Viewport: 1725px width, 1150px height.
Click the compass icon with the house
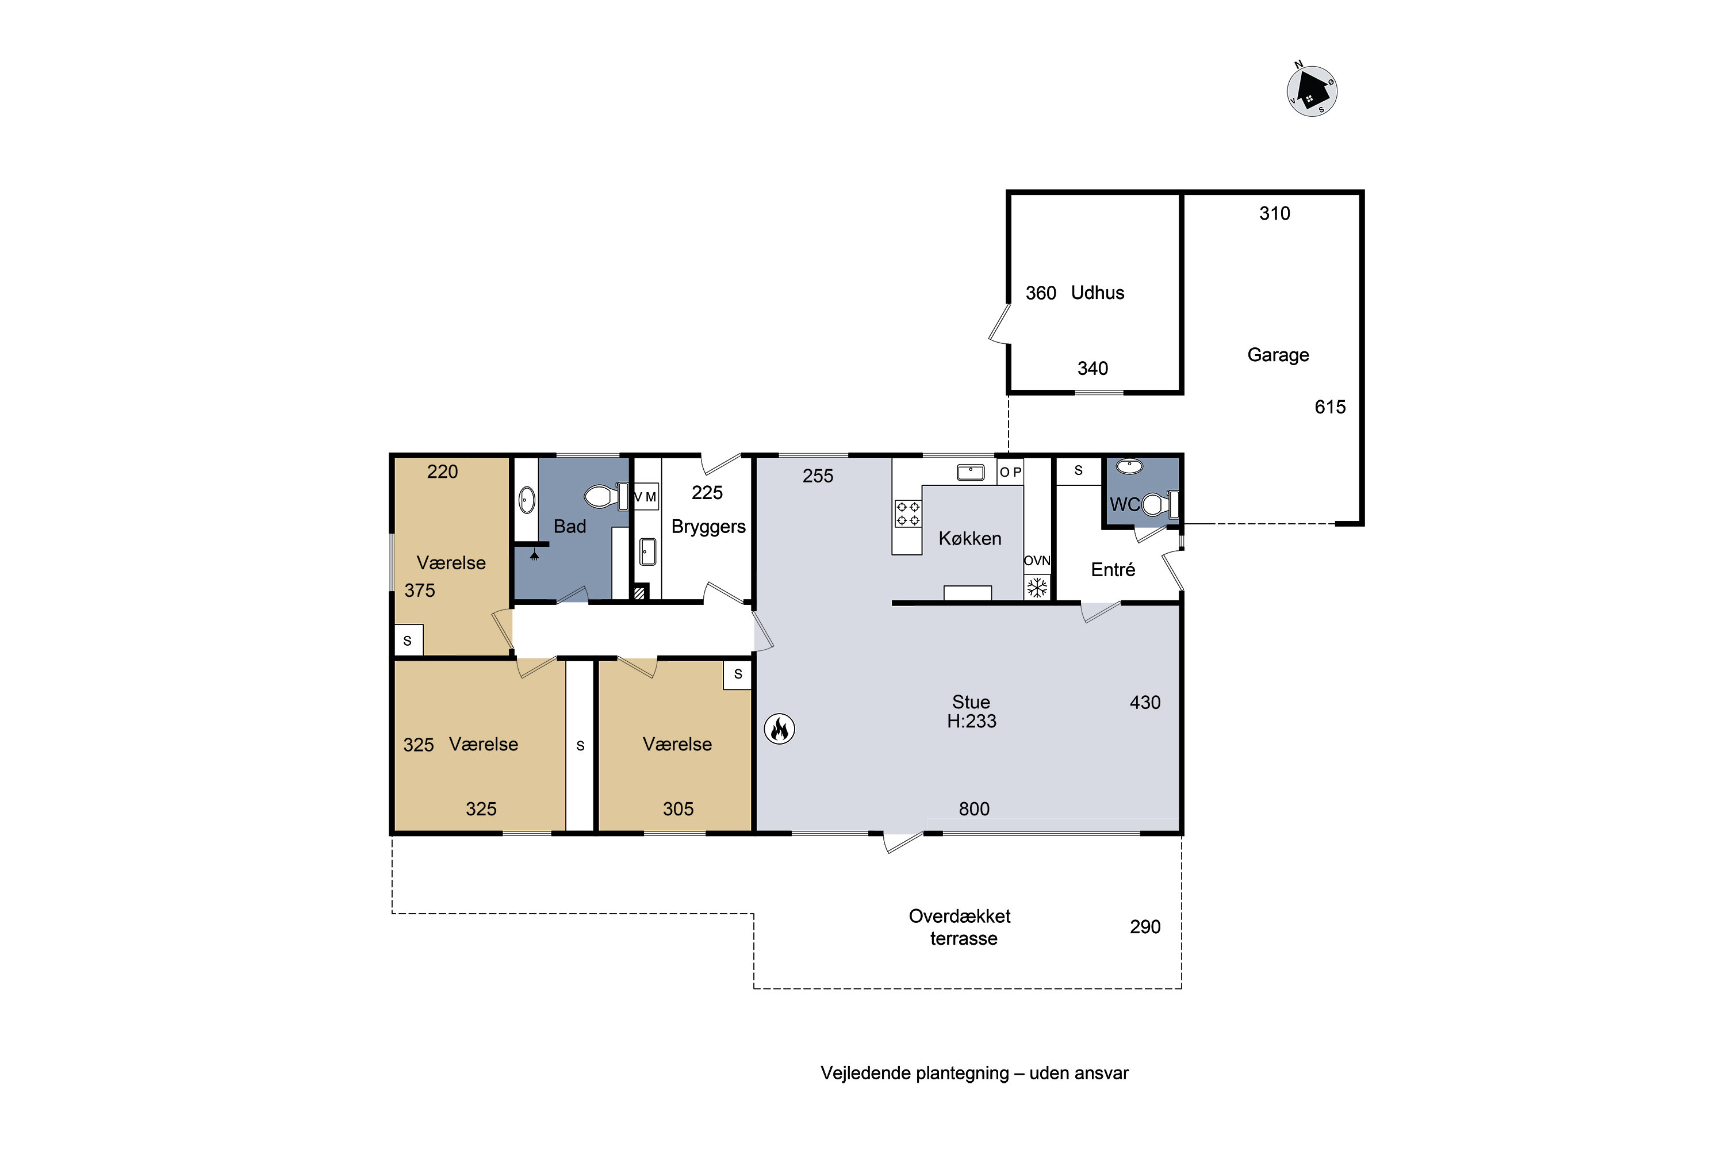point(1312,91)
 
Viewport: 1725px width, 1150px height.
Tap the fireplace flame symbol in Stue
point(780,729)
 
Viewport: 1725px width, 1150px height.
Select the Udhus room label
point(1097,293)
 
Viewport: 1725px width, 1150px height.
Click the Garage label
point(1278,355)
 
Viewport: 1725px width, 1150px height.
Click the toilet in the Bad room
point(607,497)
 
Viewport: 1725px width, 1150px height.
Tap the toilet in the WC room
point(1160,505)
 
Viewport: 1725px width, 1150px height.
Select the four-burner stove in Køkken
point(908,513)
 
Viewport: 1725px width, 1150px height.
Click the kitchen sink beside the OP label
point(971,472)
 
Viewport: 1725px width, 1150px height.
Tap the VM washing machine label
point(645,497)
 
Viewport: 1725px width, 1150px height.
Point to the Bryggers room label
point(708,527)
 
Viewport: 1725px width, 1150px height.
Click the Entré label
point(1113,570)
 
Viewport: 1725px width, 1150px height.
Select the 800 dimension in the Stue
point(974,809)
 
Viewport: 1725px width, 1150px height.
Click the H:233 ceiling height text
point(971,722)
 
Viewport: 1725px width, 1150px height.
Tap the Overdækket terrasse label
point(960,927)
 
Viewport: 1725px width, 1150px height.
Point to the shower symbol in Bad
point(535,555)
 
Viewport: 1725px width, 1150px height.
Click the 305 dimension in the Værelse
point(678,809)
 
